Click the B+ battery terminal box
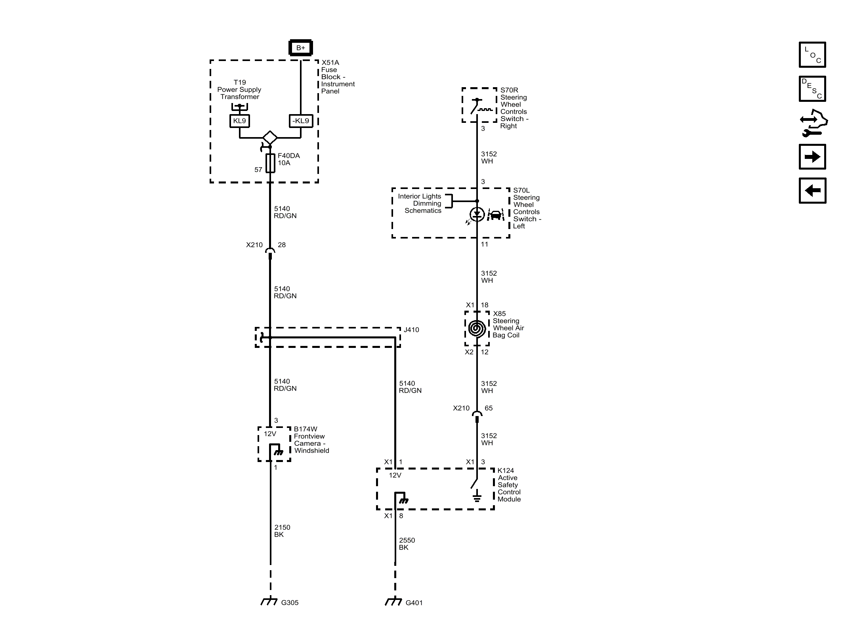301,48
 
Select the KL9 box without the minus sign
239,121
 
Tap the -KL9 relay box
301,121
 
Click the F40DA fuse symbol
270,163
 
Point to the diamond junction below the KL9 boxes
270,138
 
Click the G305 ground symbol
269,601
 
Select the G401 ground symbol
394,601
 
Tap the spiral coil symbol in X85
477,328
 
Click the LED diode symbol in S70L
477,215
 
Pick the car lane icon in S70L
495,215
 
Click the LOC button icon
812,55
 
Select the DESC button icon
812,89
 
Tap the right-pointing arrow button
812,157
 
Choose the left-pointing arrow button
812,191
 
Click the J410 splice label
411,330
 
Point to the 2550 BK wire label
407,544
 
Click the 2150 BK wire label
282,531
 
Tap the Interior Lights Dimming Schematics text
420,203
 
